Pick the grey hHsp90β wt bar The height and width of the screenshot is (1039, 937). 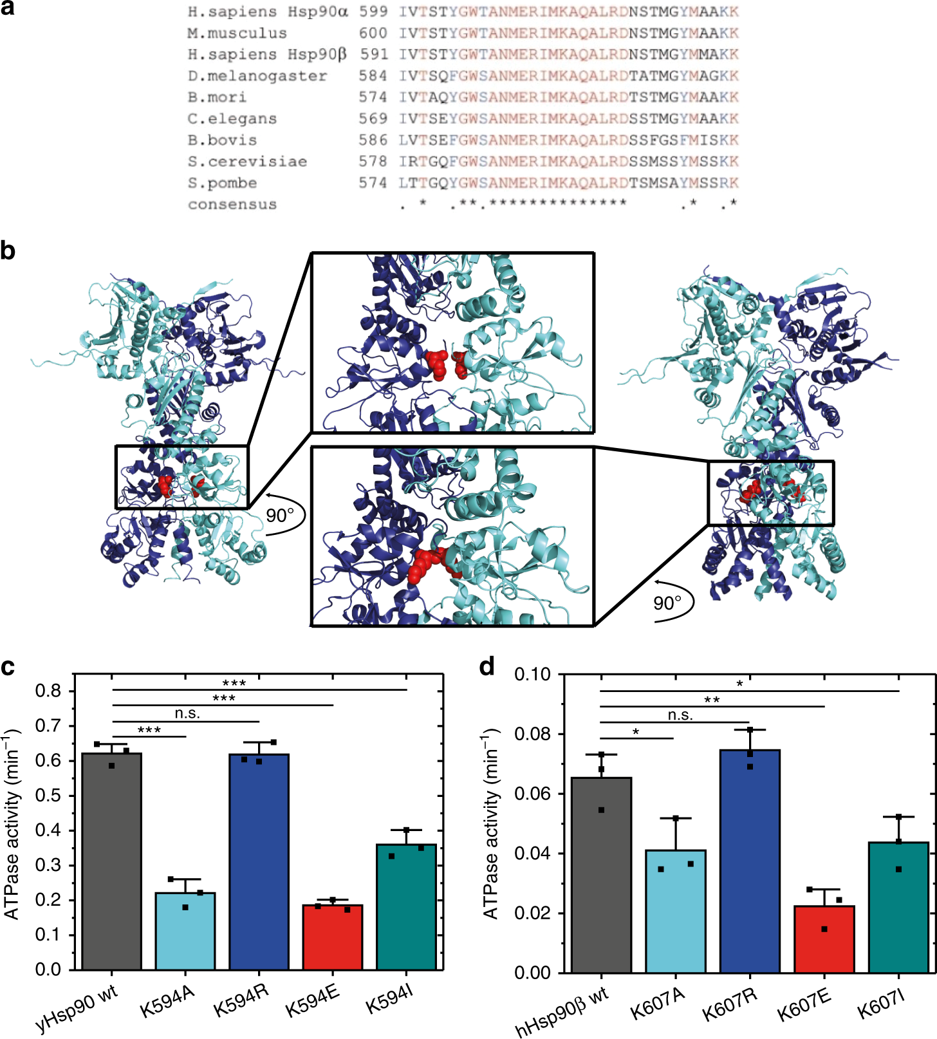(601, 875)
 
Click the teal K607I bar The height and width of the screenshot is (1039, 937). (898, 908)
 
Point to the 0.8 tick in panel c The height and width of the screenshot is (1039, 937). (48, 691)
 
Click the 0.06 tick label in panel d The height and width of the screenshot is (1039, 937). (532, 794)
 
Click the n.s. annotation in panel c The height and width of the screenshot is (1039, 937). (187, 713)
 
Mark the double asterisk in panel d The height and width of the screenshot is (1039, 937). (712, 700)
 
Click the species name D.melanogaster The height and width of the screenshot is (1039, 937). (257, 76)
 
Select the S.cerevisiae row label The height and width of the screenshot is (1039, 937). (247, 162)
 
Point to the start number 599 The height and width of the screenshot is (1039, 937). (373, 12)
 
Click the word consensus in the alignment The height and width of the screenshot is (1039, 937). (232, 205)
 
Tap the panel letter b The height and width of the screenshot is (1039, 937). (8, 250)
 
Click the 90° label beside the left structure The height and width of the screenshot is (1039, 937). (279, 516)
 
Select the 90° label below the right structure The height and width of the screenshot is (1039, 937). (667, 603)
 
